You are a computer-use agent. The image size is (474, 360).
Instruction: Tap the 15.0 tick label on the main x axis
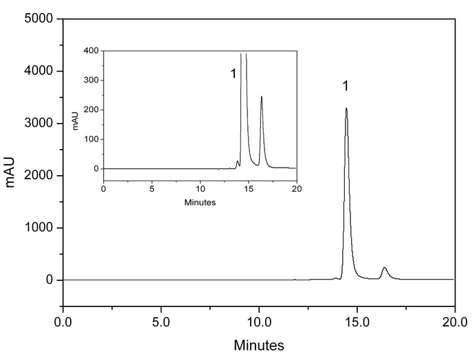point(357,320)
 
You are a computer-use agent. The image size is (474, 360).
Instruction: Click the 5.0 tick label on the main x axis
point(161,320)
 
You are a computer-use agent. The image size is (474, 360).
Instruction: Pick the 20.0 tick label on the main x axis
point(454,320)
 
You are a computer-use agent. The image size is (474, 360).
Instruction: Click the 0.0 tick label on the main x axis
point(63,320)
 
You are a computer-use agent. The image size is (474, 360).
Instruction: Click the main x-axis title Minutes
point(259,344)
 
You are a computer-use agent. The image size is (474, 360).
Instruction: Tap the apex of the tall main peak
point(346,108)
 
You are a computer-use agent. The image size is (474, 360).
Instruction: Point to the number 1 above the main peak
point(346,87)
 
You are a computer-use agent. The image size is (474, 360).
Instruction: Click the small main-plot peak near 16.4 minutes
point(385,268)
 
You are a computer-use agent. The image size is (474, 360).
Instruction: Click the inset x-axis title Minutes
point(200,203)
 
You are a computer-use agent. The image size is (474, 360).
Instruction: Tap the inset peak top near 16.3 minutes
point(262,97)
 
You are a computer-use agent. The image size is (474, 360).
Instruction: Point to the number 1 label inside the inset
point(234,74)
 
